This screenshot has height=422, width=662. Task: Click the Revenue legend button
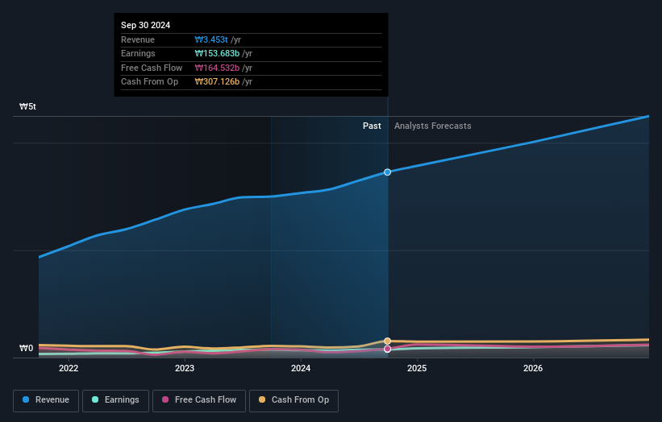click(x=46, y=400)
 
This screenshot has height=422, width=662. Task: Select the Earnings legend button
click(x=115, y=400)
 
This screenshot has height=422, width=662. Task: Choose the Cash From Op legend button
click(x=294, y=400)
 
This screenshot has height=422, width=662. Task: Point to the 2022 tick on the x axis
click(x=69, y=369)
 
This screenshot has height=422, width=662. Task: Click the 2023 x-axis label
click(x=185, y=369)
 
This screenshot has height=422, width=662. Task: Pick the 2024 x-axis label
click(x=301, y=369)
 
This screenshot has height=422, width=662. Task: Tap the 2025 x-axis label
click(x=417, y=369)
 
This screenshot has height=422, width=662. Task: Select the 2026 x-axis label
click(x=533, y=369)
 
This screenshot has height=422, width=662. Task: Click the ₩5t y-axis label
click(x=28, y=106)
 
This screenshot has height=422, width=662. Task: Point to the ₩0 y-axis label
click(x=27, y=349)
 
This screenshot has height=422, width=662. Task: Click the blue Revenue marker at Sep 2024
click(x=388, y=172)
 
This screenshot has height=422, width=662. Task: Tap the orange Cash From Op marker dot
click(x=388, y=341)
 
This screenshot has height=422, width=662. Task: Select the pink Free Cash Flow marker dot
click(x=388, y=349)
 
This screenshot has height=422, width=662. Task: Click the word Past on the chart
click(x=372, y=126)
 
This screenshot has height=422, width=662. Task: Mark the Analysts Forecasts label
click(x=433, y=126)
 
